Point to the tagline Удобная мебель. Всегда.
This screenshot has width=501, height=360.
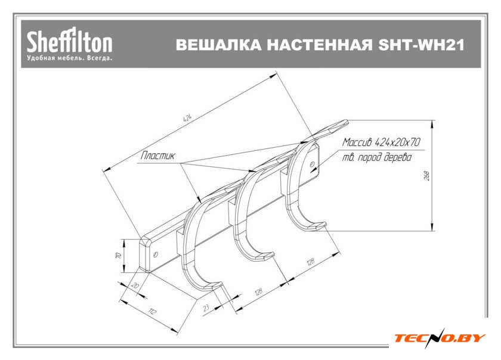69,58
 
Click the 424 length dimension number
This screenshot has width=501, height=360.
187,117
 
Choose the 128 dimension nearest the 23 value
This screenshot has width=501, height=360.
258,292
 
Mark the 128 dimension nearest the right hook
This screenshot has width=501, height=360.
310,262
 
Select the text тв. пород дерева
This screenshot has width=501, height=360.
378,159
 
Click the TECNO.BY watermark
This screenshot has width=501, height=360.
440,338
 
